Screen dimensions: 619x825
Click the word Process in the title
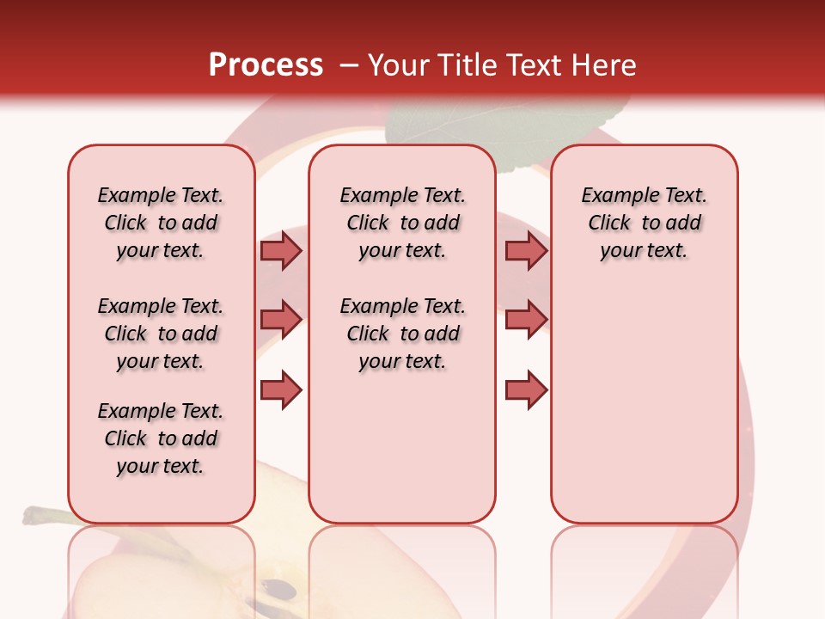pos(266,65)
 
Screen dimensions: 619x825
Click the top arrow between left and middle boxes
pos(281,250)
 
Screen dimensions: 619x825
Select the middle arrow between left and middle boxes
pos(281,320)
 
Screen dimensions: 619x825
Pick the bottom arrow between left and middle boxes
pos(281,389)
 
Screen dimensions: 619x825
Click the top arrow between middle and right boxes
pos(526,250)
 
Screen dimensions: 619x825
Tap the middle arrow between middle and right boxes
pos(526,320)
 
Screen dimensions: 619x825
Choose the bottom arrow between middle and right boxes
pos(526,389)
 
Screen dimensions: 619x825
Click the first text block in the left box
pos(161,223)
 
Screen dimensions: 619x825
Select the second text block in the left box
pos(161,334)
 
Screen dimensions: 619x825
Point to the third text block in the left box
pos(161,438)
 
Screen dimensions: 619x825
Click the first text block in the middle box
pos(402,223)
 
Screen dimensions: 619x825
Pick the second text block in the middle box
pos(402,334)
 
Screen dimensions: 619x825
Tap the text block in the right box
pos(644,223)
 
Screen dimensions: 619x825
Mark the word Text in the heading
pos(533,65)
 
